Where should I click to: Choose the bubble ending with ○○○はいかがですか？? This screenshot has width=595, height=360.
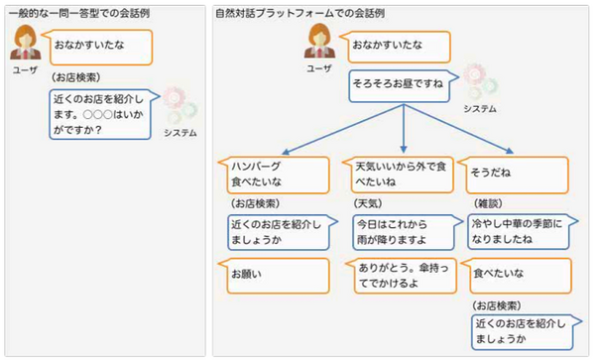point(102,113)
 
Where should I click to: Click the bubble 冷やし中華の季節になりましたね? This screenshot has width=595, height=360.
point(518,231)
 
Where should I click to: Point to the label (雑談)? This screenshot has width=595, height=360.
point(487,203)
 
